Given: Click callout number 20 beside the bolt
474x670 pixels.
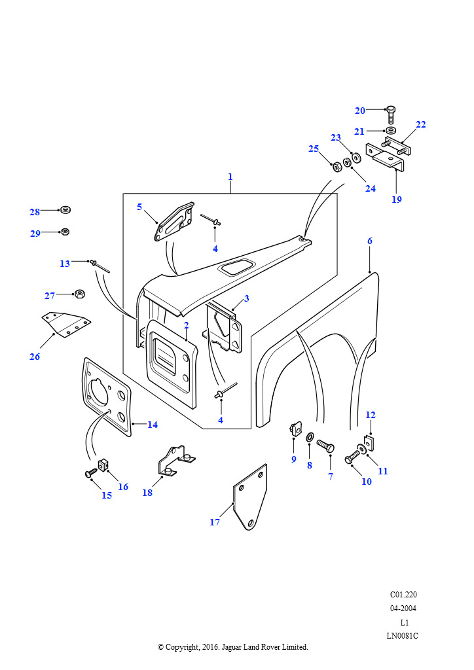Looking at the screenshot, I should [x=360, y=111].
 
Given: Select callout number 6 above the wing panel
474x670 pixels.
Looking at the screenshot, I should [x=369, y=241].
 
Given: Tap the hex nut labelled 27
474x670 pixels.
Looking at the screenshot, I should [x=79, y=294].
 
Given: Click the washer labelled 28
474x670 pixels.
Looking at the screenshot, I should [x=65, y=211].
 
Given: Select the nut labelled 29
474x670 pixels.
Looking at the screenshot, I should [x=65, y=232].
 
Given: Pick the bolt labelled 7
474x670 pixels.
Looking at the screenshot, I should [x=325, y=446].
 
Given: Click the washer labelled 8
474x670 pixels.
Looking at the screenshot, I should [x=310, y=436].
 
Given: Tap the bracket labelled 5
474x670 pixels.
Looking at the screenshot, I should [x=173, y=222].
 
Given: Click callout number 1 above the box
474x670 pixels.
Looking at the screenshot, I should [x=230, y=177].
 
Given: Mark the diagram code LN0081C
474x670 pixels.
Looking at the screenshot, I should [x=403, y=635].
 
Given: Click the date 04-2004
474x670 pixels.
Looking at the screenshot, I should [x=403, y=608].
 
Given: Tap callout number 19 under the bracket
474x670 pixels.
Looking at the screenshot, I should [x=397, y=200].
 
